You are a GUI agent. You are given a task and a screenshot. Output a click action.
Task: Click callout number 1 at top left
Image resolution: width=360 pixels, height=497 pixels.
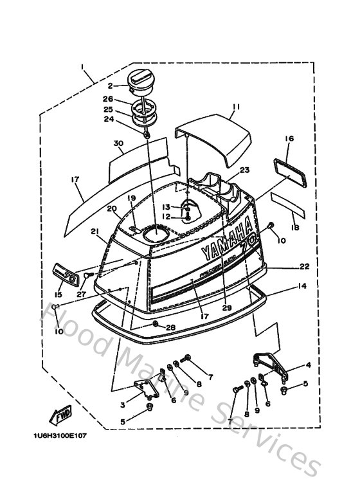pyautogui.click(x=82, y=67)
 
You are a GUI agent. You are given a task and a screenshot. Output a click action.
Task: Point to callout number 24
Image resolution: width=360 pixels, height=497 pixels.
pyautogui.click(x=109, y=119)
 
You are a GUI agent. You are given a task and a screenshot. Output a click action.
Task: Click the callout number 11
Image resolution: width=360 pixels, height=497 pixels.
pyautogui.click(x=236, y=107)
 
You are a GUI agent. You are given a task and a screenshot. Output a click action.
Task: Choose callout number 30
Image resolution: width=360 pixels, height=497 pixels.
pyautogui.click(x=118, y=143)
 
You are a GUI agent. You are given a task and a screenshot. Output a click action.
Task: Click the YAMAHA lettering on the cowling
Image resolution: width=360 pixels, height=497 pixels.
pyautogui.click(x=226, y=239)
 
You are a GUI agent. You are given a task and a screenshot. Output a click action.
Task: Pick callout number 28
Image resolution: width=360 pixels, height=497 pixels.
pyautogui.click(x=170, y=328)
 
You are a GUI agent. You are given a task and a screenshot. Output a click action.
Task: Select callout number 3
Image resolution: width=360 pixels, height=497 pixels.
pyautogui.click(x=123, y=404)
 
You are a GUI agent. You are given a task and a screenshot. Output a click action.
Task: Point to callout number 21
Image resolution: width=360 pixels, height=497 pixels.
pyautogui.click(x=94, y=231)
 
